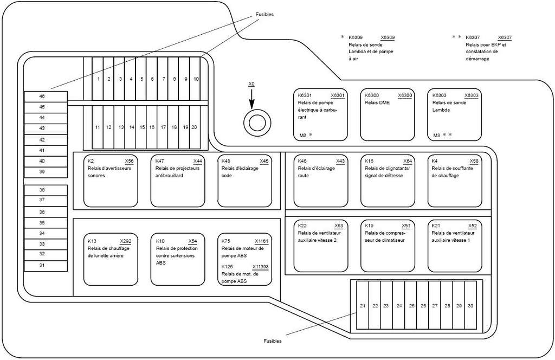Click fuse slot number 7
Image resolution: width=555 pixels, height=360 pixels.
[163, 79]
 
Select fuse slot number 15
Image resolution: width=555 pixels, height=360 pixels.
[141, 127]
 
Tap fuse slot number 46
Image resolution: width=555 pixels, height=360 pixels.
[46, 97]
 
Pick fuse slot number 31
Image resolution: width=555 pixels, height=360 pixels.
[46, 266]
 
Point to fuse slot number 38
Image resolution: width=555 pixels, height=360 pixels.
[46, 190]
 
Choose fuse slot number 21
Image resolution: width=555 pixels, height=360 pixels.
[363, 305]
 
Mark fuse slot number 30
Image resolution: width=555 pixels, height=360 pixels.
[471, 305]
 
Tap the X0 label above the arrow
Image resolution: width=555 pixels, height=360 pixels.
[251, 84]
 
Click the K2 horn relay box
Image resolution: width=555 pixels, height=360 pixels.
[111, 181]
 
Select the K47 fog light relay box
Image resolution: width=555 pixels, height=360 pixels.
[178, 181]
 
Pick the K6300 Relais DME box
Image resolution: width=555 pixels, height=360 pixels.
[387, 115]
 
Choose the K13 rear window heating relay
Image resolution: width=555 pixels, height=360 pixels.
[111, 259]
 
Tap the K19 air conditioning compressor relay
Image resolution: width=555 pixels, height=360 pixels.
[388, 246]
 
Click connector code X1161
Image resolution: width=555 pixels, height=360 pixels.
[262, 241]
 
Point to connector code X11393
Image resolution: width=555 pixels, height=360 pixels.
[261, 267]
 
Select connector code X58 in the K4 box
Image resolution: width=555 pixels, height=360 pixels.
[474, 161]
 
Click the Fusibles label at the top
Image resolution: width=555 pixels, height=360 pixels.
[264, 15]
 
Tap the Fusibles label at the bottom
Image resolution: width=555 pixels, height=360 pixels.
[273, 341]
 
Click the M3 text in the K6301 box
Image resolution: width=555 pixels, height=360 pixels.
[302, 135]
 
